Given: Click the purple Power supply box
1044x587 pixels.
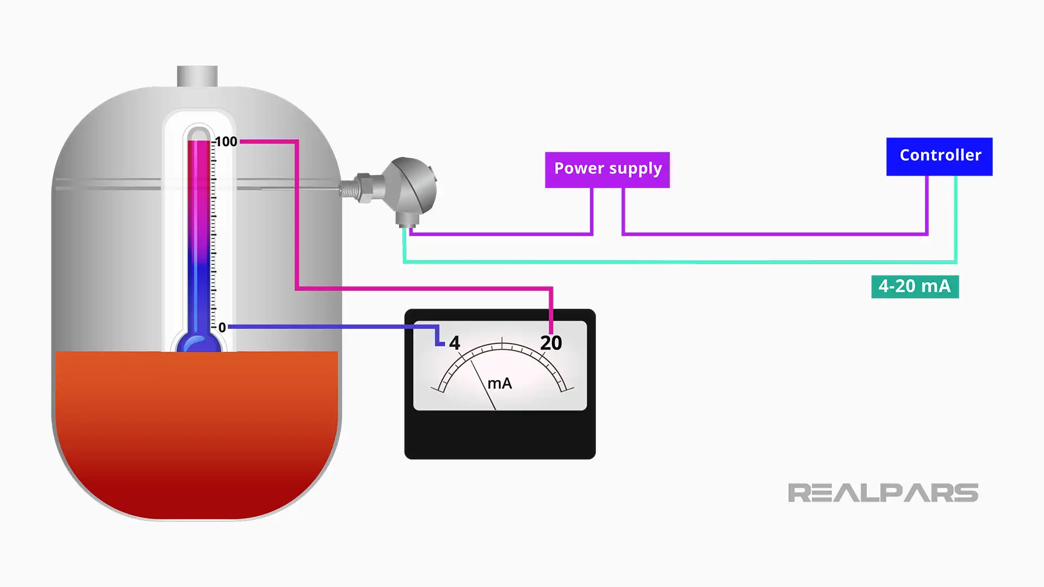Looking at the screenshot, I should pos(607,170).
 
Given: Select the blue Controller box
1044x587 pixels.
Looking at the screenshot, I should pos(939,157).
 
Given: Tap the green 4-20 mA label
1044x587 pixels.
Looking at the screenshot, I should pos(915,286).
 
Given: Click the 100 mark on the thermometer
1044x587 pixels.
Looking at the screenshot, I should pos(226,142).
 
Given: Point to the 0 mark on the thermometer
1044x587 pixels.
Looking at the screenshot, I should pos(222,328).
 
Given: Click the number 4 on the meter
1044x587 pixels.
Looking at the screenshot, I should pos(455,344).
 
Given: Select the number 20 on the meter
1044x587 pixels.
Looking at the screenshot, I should pos(551,343).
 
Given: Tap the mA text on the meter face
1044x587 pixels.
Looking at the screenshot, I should pos(500,384).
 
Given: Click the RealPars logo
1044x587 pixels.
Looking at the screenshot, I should pos(883,493).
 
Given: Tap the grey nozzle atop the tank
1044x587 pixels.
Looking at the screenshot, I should pos(197,76).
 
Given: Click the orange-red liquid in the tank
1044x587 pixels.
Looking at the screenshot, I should pos(196,429).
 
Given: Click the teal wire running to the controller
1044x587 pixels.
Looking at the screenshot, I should pos(680,262).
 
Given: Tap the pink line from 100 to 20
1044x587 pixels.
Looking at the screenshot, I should pos(424,289).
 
